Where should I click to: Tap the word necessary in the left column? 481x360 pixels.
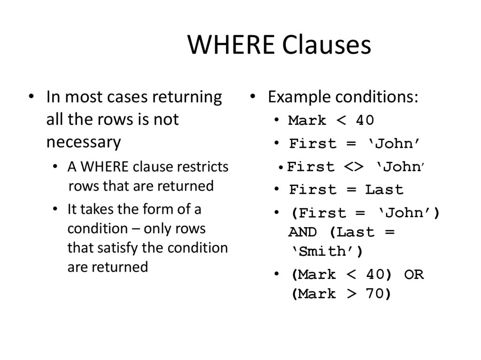pos(84,142)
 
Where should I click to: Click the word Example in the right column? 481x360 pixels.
pos(299,97)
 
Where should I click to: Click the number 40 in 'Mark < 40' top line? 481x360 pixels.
pos(365,121)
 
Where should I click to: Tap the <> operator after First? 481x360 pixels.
pos(354,167)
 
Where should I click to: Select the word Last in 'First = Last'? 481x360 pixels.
pos(384,190)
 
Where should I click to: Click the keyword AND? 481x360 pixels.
pos(303,232)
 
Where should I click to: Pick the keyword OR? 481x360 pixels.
pos(413,275)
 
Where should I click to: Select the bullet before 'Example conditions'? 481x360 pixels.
pos(252,97)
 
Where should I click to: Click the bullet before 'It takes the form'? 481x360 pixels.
pos(56,209)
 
